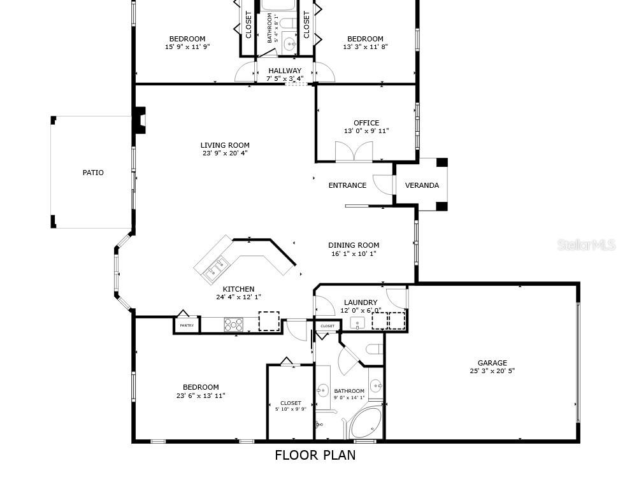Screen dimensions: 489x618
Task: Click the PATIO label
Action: [x=92, y=173]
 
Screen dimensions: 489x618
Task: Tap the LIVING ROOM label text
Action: [x=225, y=145]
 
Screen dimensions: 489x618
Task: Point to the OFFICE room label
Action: [x=366, y=123]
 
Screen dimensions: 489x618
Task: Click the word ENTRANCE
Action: [x=347, y=185]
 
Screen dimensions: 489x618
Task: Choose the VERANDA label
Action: [x=422, y=185]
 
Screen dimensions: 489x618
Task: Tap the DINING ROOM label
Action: [x=354, y=245]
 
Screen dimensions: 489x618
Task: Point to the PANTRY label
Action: [x=187, y=325]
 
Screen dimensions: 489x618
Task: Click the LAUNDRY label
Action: [x=361, y=302]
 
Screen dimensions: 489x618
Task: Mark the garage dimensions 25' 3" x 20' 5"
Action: [x=492, y=371]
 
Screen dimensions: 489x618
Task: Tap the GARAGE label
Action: [x=492, y=363]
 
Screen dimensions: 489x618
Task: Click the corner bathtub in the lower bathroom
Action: [x=365, y=423]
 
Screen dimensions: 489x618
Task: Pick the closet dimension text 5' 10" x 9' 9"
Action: [x=291, y=410]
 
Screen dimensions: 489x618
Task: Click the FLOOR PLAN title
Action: [x=315, y=455]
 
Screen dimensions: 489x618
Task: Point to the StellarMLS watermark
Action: [x=586, y=244]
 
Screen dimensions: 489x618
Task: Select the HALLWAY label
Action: [x=285, y=71]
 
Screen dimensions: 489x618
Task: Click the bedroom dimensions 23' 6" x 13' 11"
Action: [x=201, y=395]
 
